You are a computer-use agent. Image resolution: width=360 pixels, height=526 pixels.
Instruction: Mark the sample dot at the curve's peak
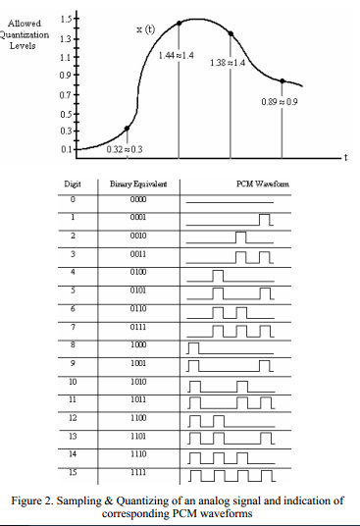[x=179, y=22]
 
